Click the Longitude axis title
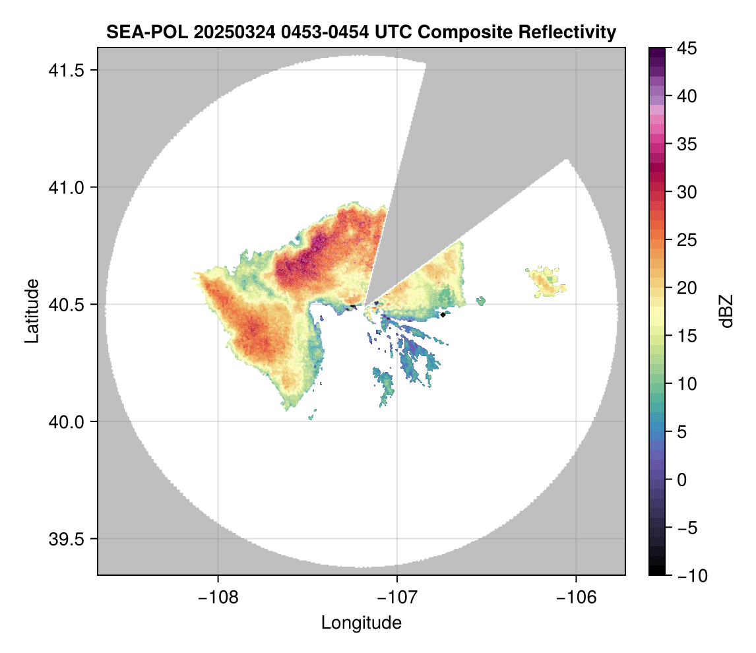tap(361, 623)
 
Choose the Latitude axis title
tap(32, 311)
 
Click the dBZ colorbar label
tap(726, 311)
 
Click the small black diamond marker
tap(443, 315)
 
